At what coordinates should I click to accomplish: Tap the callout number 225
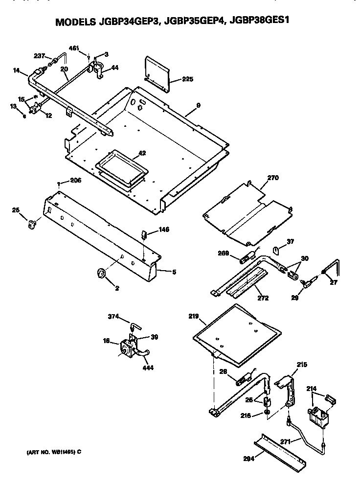188,79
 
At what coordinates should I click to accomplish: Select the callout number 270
272,179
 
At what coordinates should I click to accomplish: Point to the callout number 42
142,153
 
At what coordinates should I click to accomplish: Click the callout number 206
75,180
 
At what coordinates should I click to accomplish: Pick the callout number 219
193,317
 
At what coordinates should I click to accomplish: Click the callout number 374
113,317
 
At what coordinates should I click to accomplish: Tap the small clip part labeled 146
145,234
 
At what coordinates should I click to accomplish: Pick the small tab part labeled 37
276,251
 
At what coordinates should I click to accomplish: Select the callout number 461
74,48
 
